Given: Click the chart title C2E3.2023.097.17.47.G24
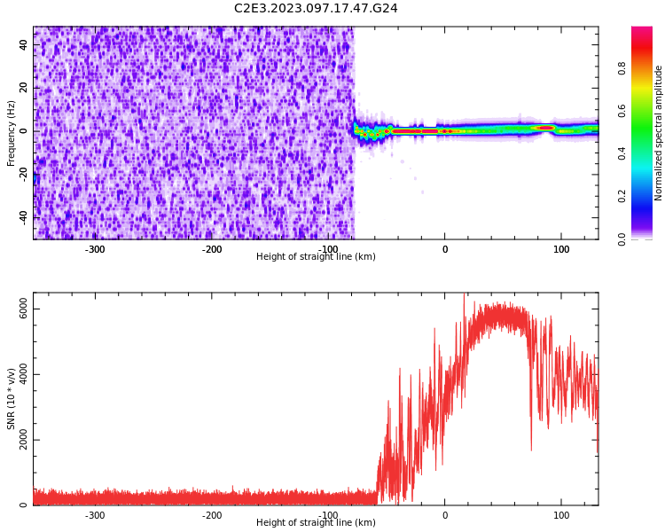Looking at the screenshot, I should coord(316,9).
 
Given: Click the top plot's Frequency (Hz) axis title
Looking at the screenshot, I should coord(12,133).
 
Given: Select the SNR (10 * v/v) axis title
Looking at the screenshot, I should coord(12,399).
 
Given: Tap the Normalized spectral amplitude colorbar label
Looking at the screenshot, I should coord(659,133).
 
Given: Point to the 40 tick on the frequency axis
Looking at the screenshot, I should coord(24,45).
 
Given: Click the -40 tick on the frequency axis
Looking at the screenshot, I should coord(24,216).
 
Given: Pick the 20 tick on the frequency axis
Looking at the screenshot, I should coord(24,88).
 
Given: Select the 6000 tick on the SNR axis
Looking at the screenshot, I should coord(24,309).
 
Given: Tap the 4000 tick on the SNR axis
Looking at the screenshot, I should coord(24,374).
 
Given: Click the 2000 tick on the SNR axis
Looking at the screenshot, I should coord(24,440).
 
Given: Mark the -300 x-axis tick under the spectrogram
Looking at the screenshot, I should coord(95,249).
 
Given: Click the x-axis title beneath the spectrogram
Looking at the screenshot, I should coord(316,257).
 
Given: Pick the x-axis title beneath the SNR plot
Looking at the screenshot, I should coord(316,523).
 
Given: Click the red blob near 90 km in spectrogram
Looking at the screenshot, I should coord(545,128).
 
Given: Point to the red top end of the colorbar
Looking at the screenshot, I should coord(642,32).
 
